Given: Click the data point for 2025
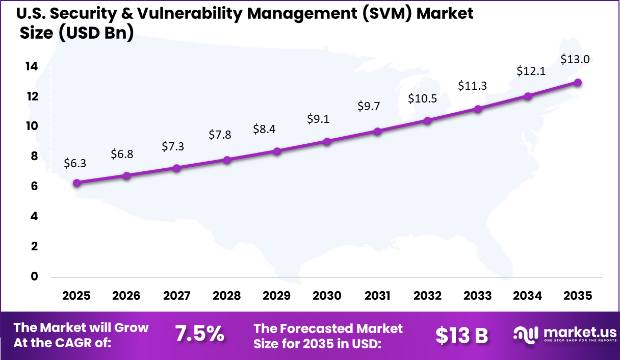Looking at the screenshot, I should pyautogui.click(x=76, y=183).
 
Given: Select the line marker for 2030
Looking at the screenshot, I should pyautogui.click(x=327, y=141).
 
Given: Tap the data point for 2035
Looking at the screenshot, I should pyautogui.click(x=578, y=82).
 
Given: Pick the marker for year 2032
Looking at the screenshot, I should pyautogui.click(x=427, y=120).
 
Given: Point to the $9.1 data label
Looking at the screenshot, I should pyautogui.click(x=318, y=119).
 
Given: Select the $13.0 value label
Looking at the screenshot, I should pyautogui.click(x=575, y=59).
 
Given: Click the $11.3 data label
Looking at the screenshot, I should pyautogui.click(x=472, y=86).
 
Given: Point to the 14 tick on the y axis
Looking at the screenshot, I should pyautogui.click(x=32, y=66).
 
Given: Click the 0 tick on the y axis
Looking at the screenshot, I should pyautogui.click(x=35, y=276).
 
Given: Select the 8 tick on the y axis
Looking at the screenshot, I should pyautogui.click(x=35, y=157).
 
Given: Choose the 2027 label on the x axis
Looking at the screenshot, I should pyautogui.click(x=177, y=296).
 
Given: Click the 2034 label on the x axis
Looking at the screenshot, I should pyautogui.click(x=528, y=296).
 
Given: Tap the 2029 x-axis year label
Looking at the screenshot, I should pyautogui.click(x=277, y=296).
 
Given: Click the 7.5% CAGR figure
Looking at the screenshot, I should pyautogui.click(x=199, y=334).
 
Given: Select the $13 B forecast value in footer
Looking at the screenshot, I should pyautogui.click(x=461, y=335).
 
